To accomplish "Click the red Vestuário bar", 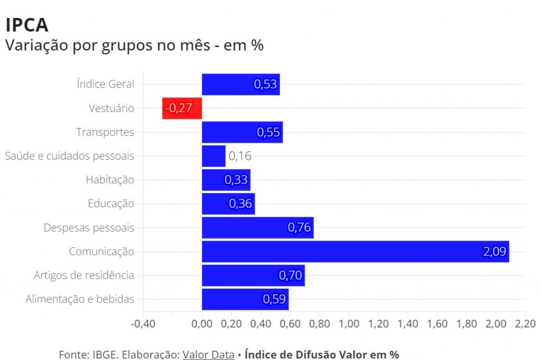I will (x=182, y=108).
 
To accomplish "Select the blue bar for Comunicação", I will (x=355, y=252).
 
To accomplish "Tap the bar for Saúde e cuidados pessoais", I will (x=213, y=156).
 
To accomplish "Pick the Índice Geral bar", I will (x=240, y=85).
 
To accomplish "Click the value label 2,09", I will (x=494, y=252).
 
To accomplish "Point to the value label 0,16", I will (x=240, y=156).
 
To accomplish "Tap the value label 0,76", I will (x=300, y=228).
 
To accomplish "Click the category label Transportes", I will (x=105, y=132).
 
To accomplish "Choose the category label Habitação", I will (x=110, y=180).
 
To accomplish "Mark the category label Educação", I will (x=111, y=204).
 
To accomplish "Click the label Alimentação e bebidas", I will (x=80, y=299).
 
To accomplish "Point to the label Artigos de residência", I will (x=84, y=275).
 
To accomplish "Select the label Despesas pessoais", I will (x=89, y=228).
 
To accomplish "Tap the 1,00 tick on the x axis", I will (x=349, y=323).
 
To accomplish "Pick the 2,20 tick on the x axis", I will (x=525, y=323).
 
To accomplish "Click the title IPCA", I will (x=26, y=25).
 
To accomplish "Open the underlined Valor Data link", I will (x=208, y=354).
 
